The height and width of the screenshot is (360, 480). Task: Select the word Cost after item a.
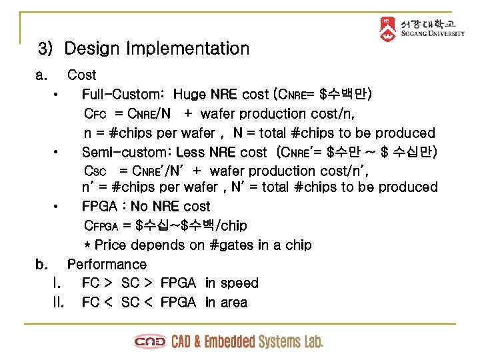click(81, 75)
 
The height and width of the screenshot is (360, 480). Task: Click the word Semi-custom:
click(126, 153)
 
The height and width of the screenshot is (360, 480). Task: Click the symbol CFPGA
click(102, 226)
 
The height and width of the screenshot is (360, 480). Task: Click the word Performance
click(107, 264)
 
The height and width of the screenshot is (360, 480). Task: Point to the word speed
click(241, 283)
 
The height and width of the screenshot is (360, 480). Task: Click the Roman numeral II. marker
click(58, 303)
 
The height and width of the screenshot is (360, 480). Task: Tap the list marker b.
click(42, 264)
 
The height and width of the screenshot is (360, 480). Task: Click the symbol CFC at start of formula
click(96, 114)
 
